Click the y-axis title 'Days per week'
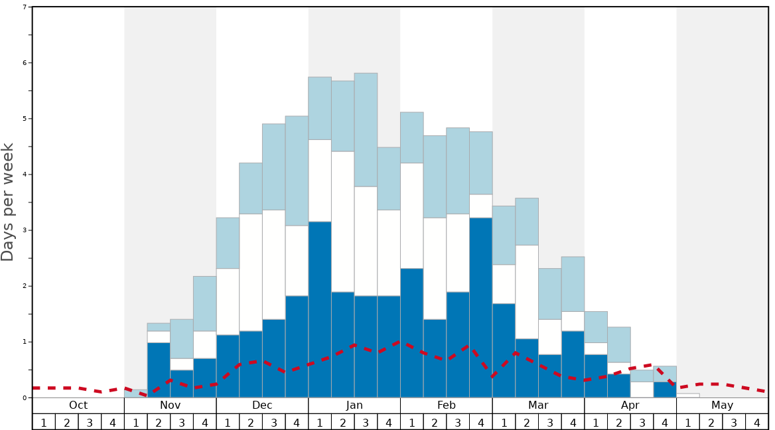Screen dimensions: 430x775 tap(8, 202)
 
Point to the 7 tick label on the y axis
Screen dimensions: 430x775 tap(25, 7)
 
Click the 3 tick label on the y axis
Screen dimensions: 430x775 tap(25, 230)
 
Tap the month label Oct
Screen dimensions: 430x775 tap(78, 405)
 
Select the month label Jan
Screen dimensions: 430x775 tap(354, 405)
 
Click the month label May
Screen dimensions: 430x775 tap(722, 405)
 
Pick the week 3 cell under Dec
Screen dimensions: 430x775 tap(273, 422)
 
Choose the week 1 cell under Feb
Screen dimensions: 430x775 tap(411, 422)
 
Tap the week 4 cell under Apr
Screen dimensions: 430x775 tap(665, 422)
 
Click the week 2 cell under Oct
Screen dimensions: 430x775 tap(66, 422)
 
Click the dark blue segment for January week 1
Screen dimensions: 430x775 tap(320, 309)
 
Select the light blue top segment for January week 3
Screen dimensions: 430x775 tap(366, 129)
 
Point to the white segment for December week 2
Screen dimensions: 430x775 tap(251, 272)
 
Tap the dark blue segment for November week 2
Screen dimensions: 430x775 tap(159, 370)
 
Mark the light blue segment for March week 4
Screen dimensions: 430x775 tap(573, 284)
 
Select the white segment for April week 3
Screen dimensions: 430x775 tap(642, 390)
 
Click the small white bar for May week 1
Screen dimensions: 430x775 tap(687, 395)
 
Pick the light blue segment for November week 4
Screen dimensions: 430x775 tap(204, 303)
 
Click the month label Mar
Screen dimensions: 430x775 tap(538, 405)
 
